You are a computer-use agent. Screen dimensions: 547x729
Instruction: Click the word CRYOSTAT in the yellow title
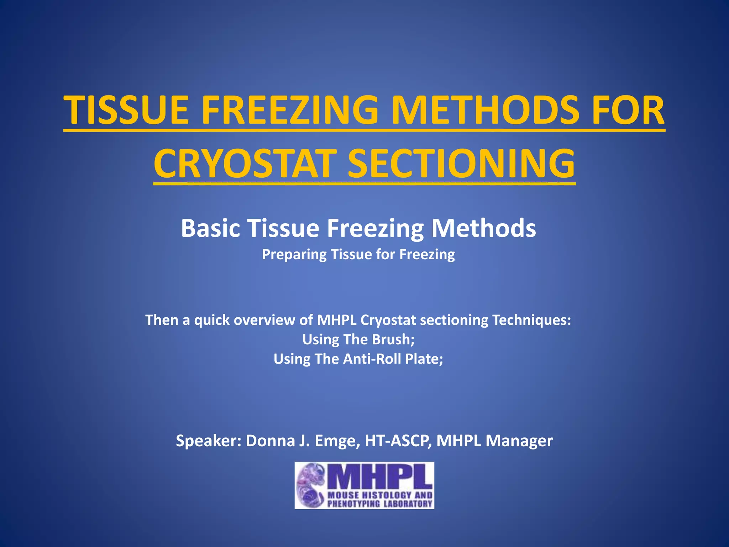[x=245, y=164]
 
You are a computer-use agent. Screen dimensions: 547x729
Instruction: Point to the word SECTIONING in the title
[x=461, y=164]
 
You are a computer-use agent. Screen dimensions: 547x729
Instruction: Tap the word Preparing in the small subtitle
[x=294, y=255]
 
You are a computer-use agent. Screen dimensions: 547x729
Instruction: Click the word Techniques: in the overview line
[x=532, y=320]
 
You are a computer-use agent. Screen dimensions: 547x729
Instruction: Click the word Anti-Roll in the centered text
[x=372, y=359]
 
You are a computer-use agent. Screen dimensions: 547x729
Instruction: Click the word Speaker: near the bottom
[x=209, y=441]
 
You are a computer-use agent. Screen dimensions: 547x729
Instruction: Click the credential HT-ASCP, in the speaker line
[x=399, y=441]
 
